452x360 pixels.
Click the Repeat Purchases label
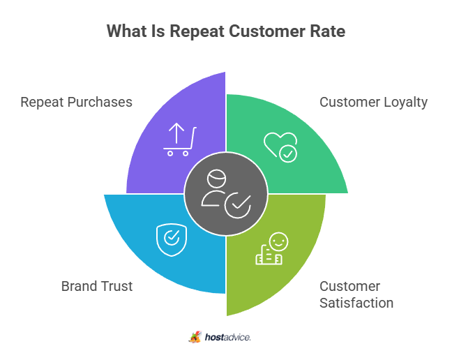pyautogui.click(x=76, y=102)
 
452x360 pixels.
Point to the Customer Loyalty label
pyautogui.click(x=373, y=102)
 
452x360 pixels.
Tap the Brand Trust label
pyautogui.click(x=96, y=286)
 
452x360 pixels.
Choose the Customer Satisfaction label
pyautogui.click(x=356, y=294)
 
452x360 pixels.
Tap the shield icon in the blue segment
pyautogui.click(x=171, y=237)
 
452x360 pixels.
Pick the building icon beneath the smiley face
pyautogui.click(x=268, y=256)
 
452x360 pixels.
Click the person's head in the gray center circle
pyautogui.click(x=217, y=178)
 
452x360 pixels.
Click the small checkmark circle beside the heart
pyautogui.click(x=287, y=153)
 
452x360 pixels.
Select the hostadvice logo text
pyautogui.click(x=227, y=337)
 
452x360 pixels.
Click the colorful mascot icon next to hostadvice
pyautogui.click(x=195, y=337)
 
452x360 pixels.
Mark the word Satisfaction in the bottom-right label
pyautogui.click(x=356, y=303)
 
